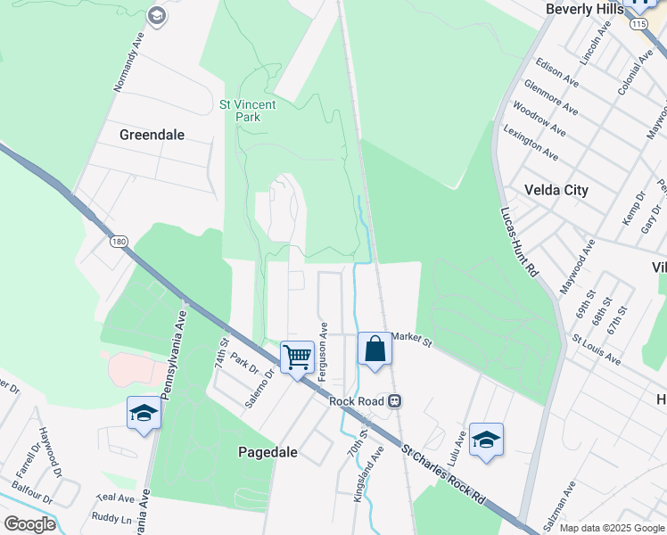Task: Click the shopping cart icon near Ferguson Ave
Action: (298, 358)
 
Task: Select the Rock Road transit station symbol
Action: (394, 401)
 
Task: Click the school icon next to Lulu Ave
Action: (486, 440)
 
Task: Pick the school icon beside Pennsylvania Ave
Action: (144, 413)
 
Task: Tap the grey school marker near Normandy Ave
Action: (157, 15)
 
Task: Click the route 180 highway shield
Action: (119, 242)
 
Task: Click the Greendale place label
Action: (152, 135)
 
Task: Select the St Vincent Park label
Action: (248, 111)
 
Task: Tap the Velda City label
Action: (556, 190)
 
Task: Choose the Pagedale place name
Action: (268, 452)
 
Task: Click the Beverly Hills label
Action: (581, 8)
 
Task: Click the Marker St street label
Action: (410, 340)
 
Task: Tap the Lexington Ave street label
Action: (531, 143)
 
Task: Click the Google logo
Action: (29, 523)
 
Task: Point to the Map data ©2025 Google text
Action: (611, 528)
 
